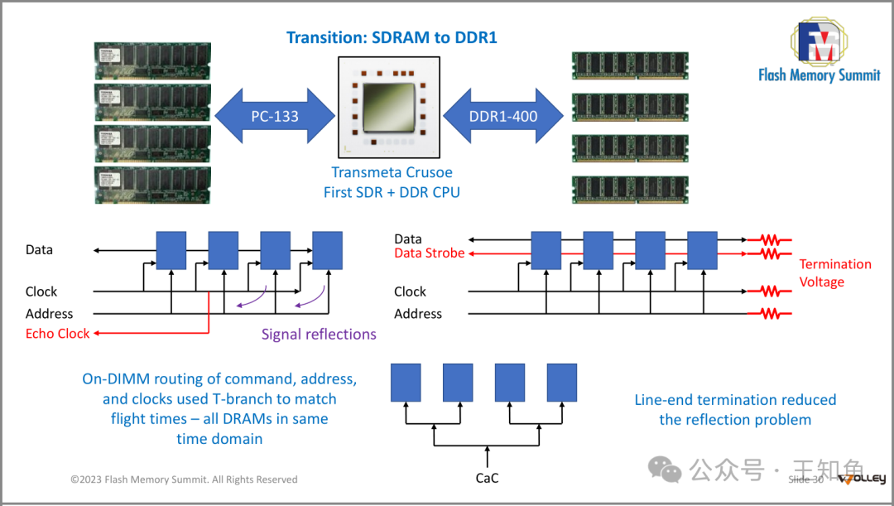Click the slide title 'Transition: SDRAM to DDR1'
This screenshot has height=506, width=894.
[392, 37]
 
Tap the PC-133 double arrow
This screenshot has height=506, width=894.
[274, 116]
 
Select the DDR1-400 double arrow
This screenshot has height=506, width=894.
[503, 116]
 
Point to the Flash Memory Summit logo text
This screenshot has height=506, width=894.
[819, 75]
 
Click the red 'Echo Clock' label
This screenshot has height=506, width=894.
[57, 334]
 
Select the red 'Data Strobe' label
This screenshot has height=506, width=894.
[429, 253]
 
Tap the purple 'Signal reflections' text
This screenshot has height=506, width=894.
[319, 335]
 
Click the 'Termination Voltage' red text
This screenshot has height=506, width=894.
[834, 272]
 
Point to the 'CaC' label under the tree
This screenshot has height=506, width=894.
[487, 478]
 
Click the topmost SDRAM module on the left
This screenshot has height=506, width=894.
[152, 60]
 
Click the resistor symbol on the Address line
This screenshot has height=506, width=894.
[770, 314]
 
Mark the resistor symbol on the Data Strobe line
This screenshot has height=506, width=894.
[770, 253]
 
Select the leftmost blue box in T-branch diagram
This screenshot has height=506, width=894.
[406, 382]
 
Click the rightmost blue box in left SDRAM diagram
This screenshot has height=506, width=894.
[327, 250]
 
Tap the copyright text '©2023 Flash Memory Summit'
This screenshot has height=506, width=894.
[184, 479]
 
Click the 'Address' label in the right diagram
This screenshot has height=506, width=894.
[418, 314]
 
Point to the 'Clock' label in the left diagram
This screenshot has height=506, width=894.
[41, 292]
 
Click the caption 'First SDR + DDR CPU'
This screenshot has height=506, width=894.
[392, 192]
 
